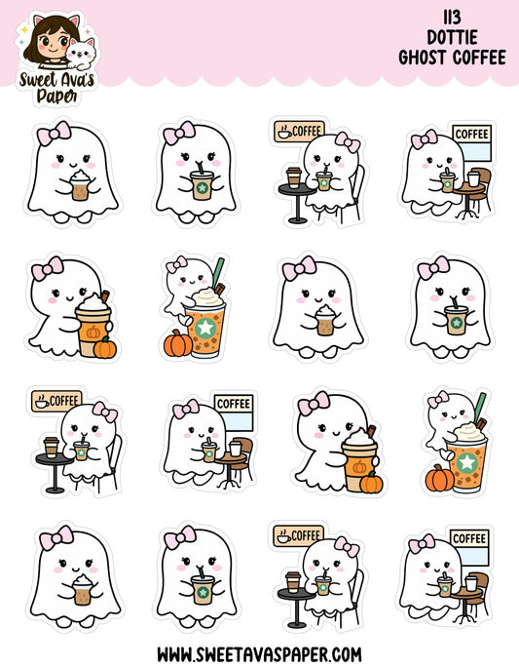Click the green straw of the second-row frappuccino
pos(217,269)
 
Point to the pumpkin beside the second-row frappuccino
pos(177,343)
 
